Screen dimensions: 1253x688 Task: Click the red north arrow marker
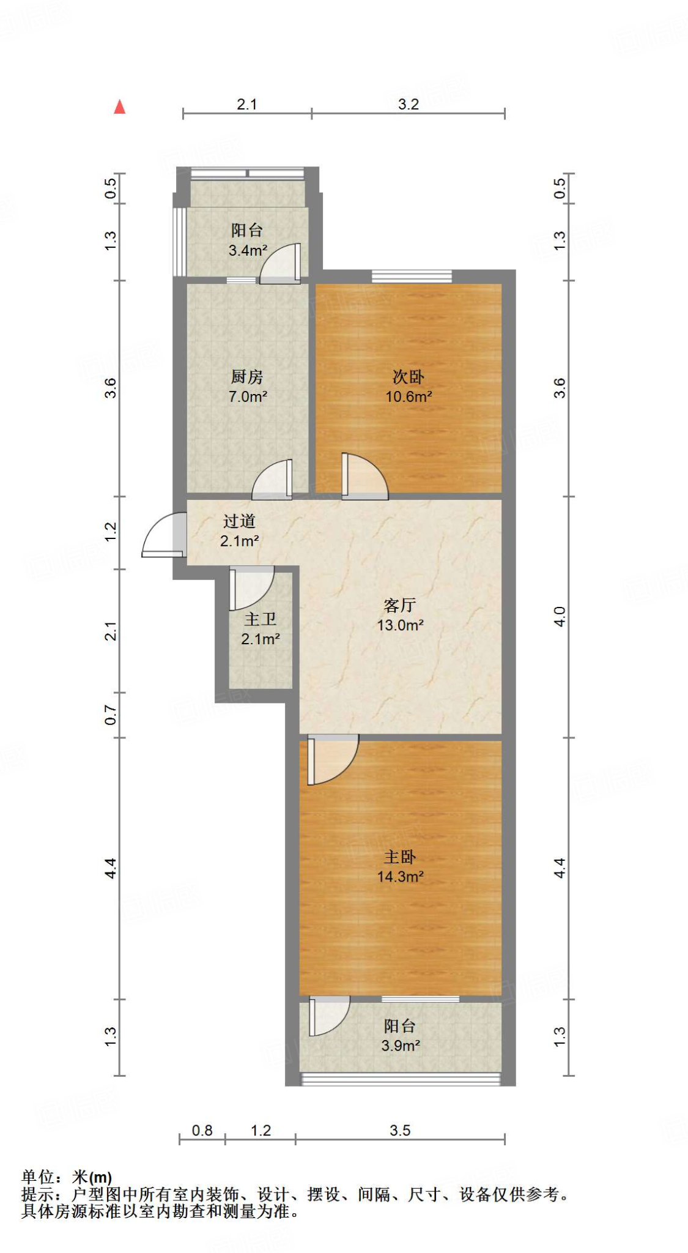pos(120,108)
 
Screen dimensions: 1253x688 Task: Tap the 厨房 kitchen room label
pos(247,377)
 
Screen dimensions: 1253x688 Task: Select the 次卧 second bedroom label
pos(408,377)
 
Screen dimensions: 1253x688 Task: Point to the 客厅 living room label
pos(400,606)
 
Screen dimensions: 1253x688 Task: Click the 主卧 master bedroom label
pos(400,857)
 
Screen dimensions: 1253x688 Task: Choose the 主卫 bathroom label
pos(261,620)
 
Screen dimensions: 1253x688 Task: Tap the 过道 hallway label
pos(239,521)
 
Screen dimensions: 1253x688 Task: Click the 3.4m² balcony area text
pos(248,250)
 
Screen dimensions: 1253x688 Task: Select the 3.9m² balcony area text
pos(401,1046)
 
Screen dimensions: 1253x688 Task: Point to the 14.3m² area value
pos(401,877)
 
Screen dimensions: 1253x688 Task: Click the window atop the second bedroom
pos(412,277)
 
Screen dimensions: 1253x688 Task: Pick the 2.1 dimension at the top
pos(247,105)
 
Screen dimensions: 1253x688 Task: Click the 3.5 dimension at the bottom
pos(400,1131)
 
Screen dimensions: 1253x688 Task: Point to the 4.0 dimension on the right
pos(560,616)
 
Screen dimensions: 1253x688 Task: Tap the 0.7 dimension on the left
pos(111,715)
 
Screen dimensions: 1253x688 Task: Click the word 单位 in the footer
pos(38,1177)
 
